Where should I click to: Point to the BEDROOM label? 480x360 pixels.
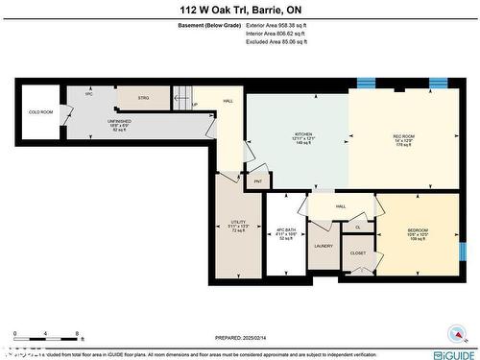(x=418, y=230)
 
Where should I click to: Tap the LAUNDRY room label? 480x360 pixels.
(x=323, y=246)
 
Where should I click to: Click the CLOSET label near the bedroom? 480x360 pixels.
(x=357, y=252)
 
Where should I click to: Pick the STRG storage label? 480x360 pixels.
(x=143, y=98)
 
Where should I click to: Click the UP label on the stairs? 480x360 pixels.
(x=195, y=106)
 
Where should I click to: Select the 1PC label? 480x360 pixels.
(x=88, y=95)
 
